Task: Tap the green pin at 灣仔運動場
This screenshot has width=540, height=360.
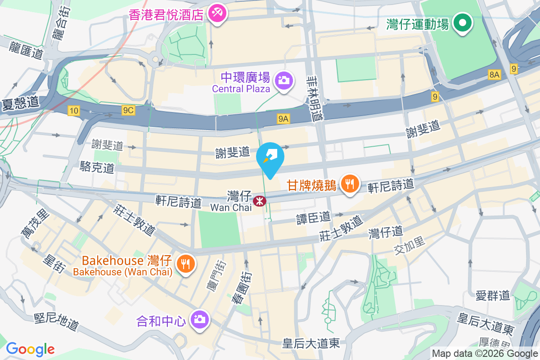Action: point(462,23)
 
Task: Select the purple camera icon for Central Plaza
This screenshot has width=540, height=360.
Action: point(284,81)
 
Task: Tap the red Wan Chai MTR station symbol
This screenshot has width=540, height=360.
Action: point(259,201)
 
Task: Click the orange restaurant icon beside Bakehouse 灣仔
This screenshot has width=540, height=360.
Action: point(186,263)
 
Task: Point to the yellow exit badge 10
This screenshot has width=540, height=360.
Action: point(74,110)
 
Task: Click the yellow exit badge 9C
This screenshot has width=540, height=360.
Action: point(128,110)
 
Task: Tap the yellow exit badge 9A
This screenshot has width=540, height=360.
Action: point(283,119)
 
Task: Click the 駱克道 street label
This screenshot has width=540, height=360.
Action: point(97,168)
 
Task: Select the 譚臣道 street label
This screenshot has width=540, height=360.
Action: point(313,218)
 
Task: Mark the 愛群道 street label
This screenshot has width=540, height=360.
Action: point(493,295)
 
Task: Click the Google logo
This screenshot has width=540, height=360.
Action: point(30,349)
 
